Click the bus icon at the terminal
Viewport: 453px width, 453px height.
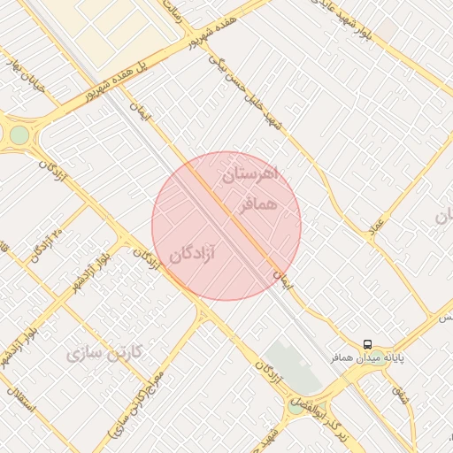coord(367,343)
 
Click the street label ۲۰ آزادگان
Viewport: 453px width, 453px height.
coord(46,246)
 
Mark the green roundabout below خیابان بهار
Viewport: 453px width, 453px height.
coord(19,134)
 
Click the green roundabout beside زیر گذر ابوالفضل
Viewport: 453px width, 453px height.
coord(295,407)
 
